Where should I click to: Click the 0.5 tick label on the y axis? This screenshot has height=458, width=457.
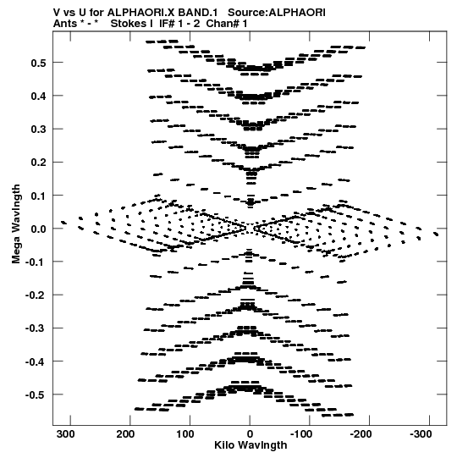coord(39,63)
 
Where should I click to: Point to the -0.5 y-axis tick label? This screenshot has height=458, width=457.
coord(36,395)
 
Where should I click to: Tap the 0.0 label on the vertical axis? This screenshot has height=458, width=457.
coord(39,229)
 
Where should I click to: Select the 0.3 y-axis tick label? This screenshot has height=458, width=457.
coord(39,130)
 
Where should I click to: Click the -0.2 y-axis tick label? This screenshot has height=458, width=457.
coord(36,295)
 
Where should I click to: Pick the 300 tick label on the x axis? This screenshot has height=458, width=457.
coord(66,434)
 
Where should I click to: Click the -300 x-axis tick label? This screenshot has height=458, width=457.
coord(421,434)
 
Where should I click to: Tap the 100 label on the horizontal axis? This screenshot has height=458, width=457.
coord(185,434)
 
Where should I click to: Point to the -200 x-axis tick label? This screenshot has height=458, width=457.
coord(361,434)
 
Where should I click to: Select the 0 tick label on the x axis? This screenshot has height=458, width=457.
coord(250,434)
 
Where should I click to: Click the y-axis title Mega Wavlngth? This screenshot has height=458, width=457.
coord(16,224)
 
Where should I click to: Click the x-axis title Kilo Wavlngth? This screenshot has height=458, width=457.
coord(251,445)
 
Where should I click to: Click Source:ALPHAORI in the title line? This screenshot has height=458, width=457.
coord(277,13)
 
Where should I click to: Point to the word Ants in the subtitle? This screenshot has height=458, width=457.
coord(65,24)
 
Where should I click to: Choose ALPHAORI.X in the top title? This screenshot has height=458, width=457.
coord(140,13)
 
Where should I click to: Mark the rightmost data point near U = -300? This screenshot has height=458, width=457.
coord(436,234)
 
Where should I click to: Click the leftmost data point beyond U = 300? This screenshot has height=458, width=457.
coord(63,223)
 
